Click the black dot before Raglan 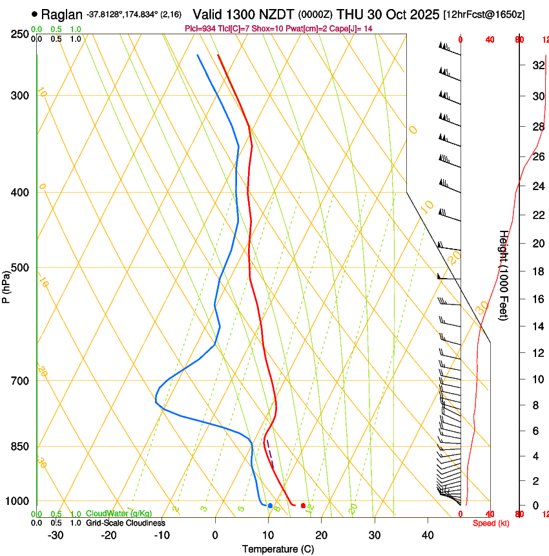(34, 14)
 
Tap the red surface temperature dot (303, 506)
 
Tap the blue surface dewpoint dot (270, 506)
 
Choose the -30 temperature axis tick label (56, 535)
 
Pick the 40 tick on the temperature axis (428, 535)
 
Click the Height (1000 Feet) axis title (504, 275)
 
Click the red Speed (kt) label (491, 523)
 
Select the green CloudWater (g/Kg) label (119, 514)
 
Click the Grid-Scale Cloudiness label (125, 523)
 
